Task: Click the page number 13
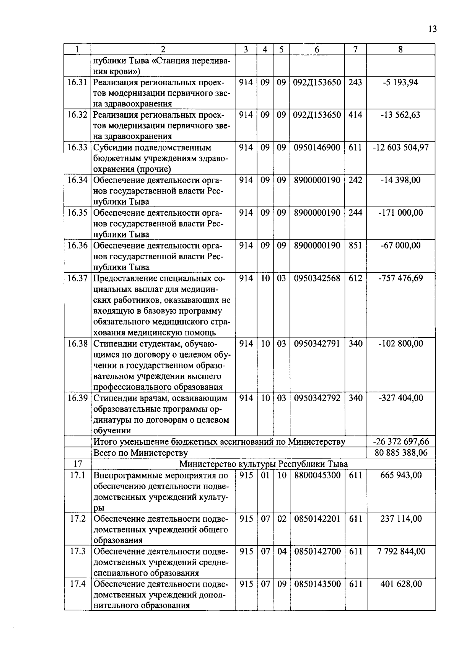click(x=433, y=29)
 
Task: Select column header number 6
click(x=317, y=49)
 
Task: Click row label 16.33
click(x=77, y=148)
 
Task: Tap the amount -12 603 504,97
click(x=400, y=148)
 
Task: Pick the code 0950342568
click(x=317, y=278)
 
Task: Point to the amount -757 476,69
click(x=400, y=278)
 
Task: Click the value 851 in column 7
click(x=355, y=245)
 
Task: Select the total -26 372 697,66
click(x=401, y=442)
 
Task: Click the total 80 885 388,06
click(x=401, y=453)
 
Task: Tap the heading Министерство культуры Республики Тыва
click(x=264, y=464)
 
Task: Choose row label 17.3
click(x=77, y=551)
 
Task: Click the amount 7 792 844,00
click(x=401, y=551)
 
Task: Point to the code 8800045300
click(x=317, y=475)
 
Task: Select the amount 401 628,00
click(x=401, y=584)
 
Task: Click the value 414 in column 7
click(x=355, y=115)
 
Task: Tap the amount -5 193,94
click(x=400, y=82)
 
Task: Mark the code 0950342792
click(x=317, y=398)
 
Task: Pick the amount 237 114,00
click(x=401, y=519)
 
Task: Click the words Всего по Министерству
click(x=140, y=453)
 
